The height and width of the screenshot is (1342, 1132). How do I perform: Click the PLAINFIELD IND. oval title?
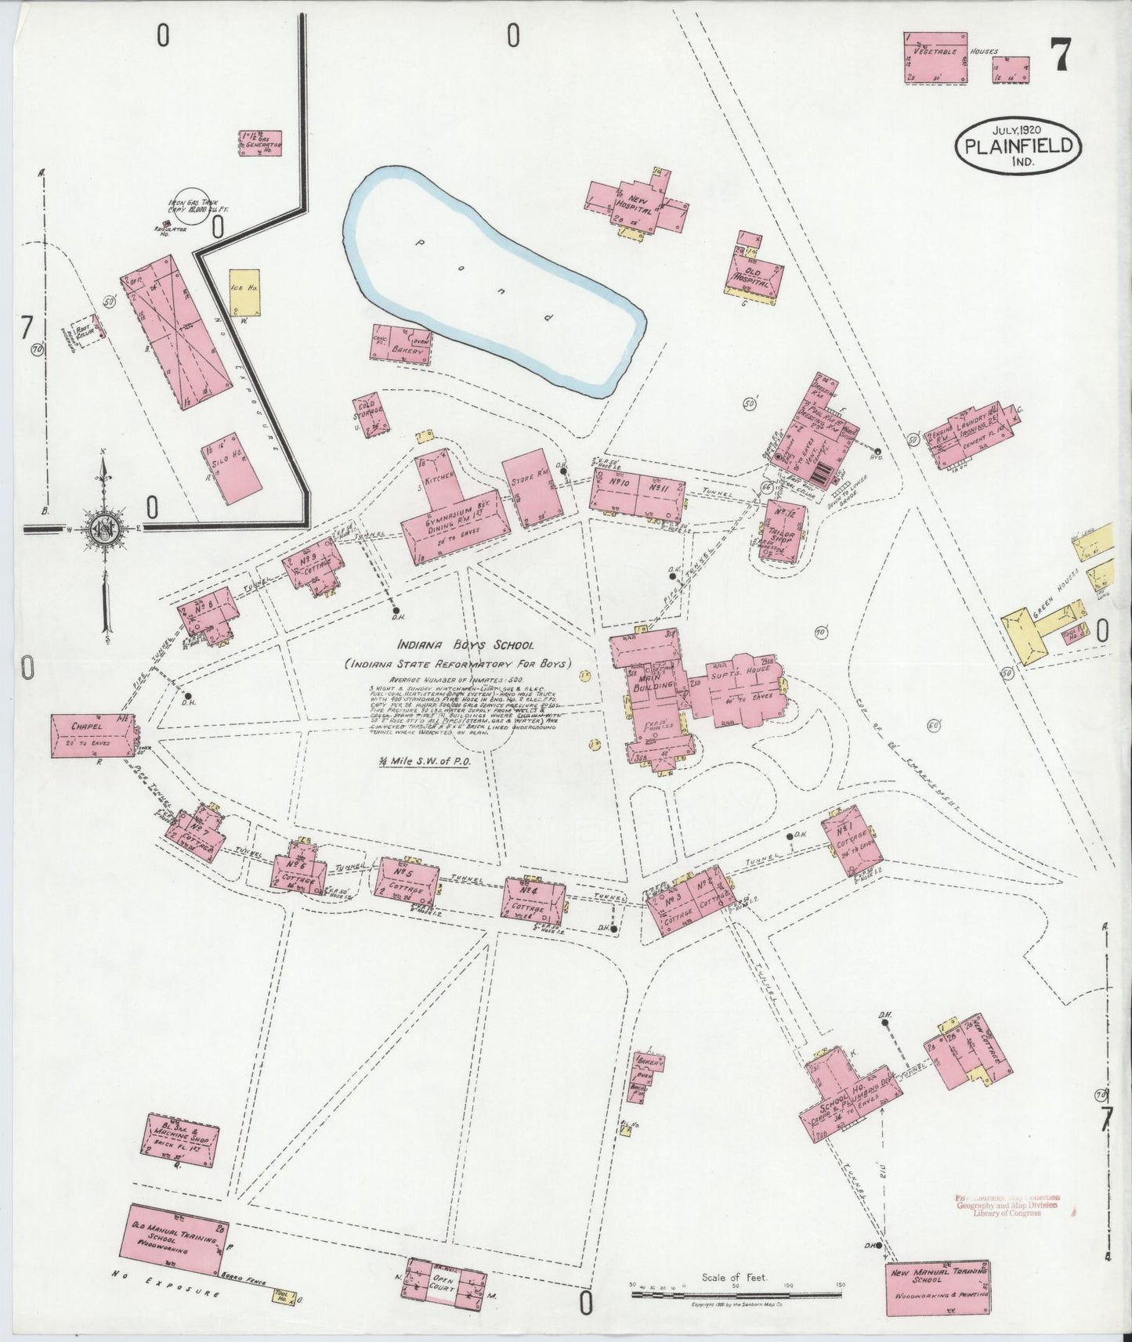1018,147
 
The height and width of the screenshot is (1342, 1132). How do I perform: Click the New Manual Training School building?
937,1287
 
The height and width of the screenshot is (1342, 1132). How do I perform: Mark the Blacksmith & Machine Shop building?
183,1135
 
